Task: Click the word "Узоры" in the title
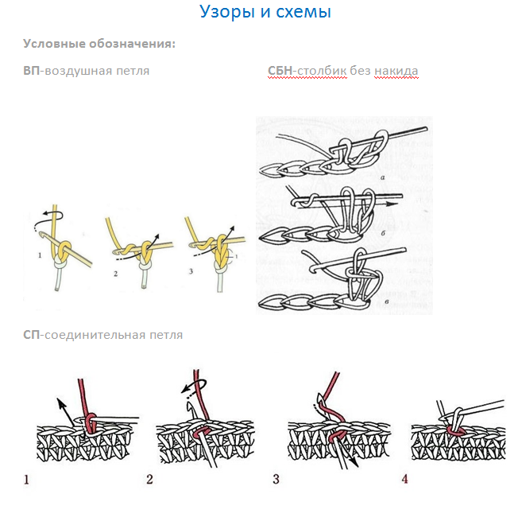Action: [227, 13]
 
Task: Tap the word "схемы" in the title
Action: [304, 12]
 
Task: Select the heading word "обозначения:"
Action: [132, 44]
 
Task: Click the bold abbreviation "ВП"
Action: [32, 71]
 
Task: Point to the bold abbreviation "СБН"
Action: [280, 71]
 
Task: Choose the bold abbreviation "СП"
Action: [32, 335]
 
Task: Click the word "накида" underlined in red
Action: [396, 71]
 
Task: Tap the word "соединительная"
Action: [95, 335]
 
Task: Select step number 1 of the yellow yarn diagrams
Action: [40, 255]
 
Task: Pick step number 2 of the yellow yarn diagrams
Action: [115, 274]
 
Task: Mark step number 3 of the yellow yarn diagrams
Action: [191, 271]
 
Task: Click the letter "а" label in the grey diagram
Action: [382, 178]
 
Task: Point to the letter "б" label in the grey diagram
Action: [383, 233]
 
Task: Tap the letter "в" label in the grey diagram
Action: [387, 302]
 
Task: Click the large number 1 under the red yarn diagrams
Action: [26, 480]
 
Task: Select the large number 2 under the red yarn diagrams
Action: [149, 480]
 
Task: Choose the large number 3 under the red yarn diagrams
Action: [276, 479]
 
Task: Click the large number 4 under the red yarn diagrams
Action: [404, 479]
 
